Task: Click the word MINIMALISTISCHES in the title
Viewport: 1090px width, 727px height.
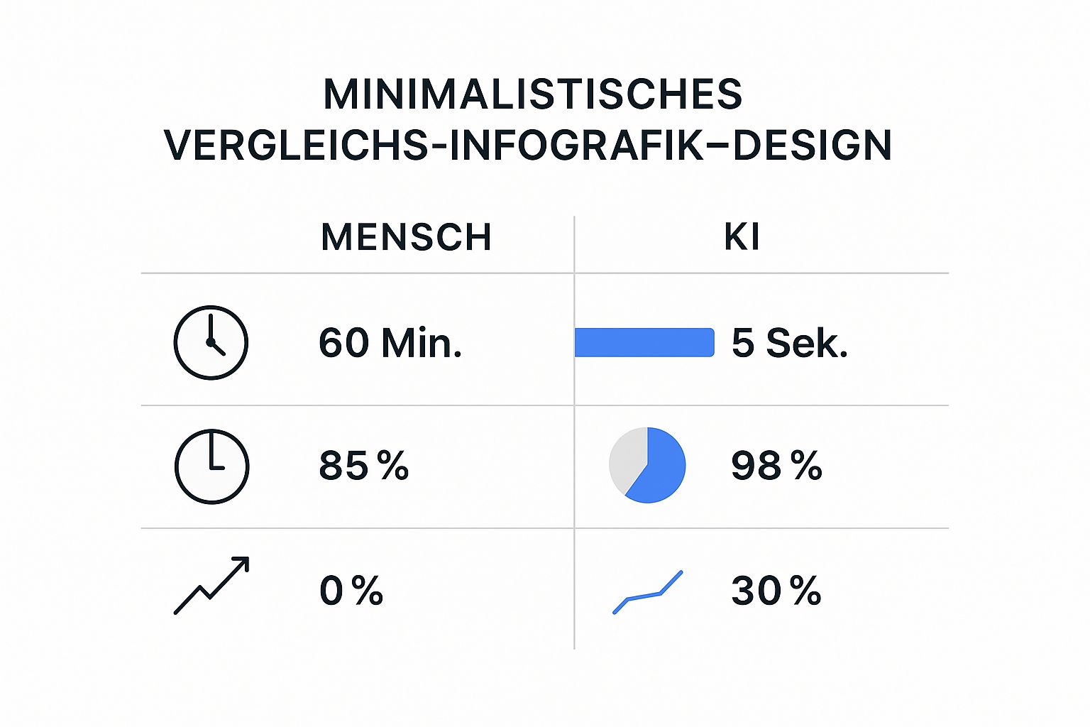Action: click(532, 94)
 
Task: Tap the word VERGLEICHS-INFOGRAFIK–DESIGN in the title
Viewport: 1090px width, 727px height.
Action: click(528, 146)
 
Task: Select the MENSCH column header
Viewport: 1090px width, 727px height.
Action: click(406, 237)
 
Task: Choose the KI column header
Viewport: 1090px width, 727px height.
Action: click(742, 237)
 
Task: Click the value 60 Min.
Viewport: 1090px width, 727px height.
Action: click(390, 343)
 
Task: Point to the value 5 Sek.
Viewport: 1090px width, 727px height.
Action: click(789, 343)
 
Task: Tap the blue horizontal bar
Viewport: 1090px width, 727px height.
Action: click(644, 342)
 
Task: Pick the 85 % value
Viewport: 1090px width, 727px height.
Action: click(363, 466)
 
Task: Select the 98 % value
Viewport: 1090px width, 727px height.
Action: click(776, 466)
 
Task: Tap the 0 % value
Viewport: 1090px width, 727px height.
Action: click(351, 591)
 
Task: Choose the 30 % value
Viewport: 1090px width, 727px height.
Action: click(776, 591)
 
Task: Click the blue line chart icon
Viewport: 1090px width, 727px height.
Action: click(647, 593)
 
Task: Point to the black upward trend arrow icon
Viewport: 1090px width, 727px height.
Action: click(211, 586)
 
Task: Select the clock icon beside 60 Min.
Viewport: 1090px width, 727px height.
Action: click(211, 342)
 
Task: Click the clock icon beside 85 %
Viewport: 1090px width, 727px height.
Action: click(211, 466)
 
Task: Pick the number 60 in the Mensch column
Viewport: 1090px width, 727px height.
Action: click(344, 343)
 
